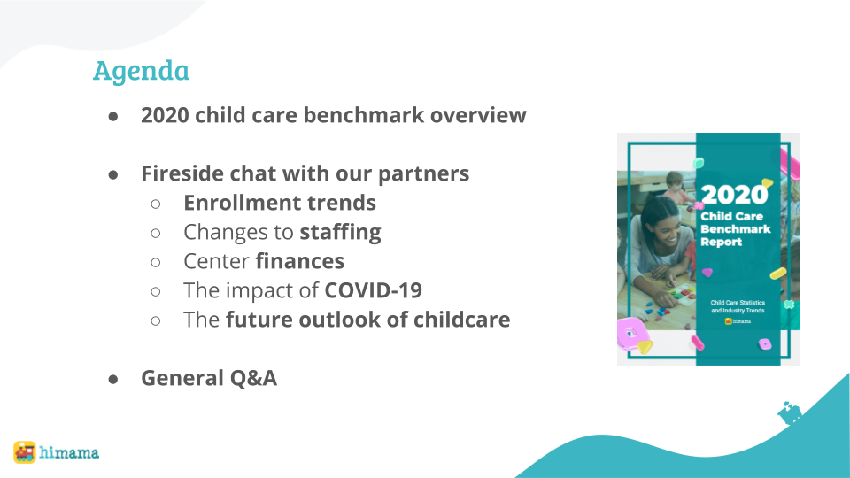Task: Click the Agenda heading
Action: (141, 72)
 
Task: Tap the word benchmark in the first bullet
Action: (363, 115)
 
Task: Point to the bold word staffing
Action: (340, 233)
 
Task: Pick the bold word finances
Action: (300, 261)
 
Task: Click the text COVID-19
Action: (373, 290)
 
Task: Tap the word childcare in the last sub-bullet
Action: (461, 320)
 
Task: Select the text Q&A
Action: (253, 378)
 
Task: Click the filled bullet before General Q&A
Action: (113, 380)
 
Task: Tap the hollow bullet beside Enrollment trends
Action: (156, 204)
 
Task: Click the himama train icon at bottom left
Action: (25, 452)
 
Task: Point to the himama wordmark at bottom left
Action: (69, 452)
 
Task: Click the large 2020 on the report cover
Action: (735, 195)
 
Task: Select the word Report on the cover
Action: (721, 243)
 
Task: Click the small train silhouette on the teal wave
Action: (789, 413)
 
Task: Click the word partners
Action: (423, 174)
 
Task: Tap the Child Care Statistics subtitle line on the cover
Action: (738, 303)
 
